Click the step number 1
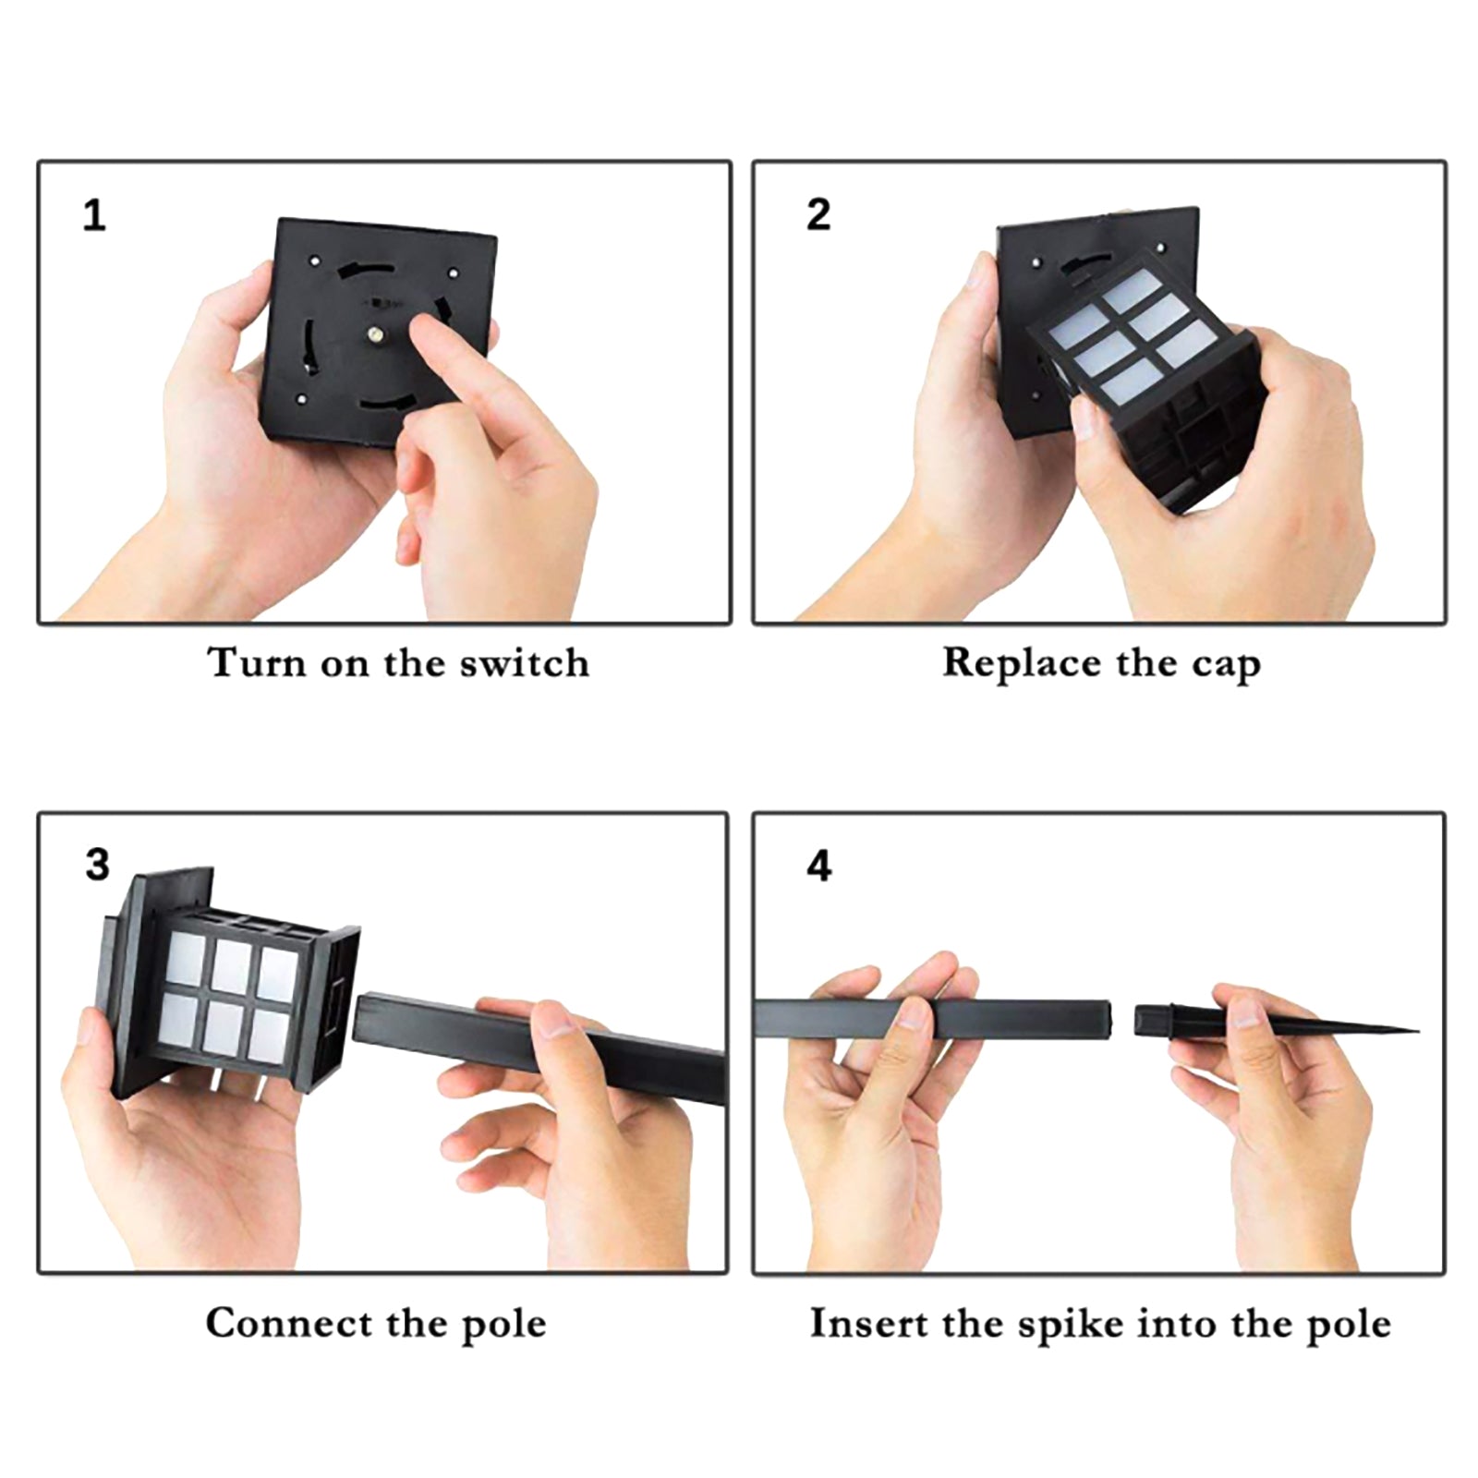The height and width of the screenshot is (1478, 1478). coord(94,215)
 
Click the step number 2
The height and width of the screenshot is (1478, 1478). coord(818,214)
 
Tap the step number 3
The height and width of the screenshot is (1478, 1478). coord(97,866)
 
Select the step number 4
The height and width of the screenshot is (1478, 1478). coord(819,866)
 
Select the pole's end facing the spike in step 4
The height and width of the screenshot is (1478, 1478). coord(1107,1018)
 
